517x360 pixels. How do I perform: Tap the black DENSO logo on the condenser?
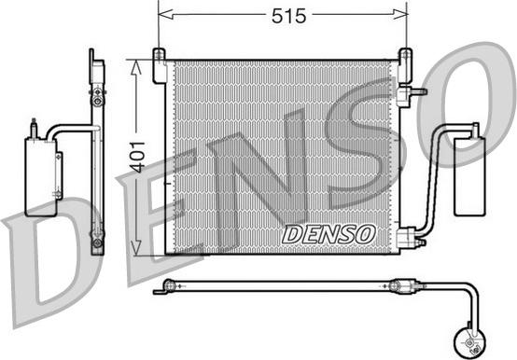[328, 232]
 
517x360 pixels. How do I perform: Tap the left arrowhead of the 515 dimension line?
[162, 16]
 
